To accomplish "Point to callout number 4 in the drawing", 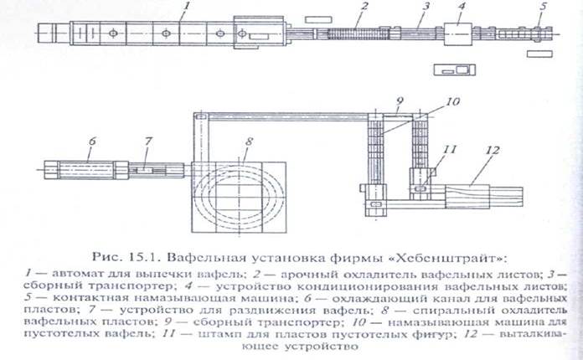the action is click(461, 8).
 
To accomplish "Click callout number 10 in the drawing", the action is click(430, 101).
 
